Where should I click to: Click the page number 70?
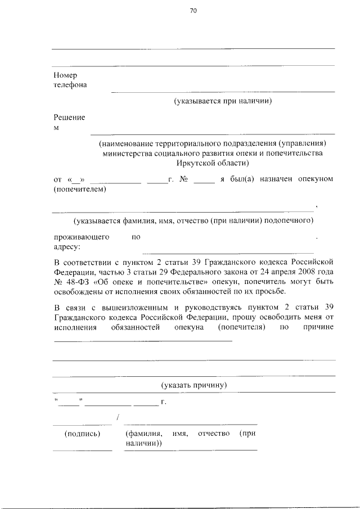193,10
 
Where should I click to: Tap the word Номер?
65,75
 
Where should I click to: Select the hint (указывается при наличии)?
223,101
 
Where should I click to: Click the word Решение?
69,118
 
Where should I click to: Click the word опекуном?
317,179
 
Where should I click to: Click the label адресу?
67,246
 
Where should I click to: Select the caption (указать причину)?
193,385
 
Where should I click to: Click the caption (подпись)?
82,434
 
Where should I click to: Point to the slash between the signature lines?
117,417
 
